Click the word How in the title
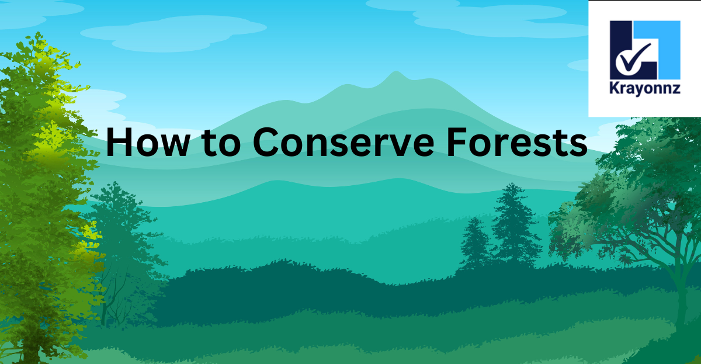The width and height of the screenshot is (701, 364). click(148, 142)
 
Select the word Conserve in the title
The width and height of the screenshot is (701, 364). click(343, 142)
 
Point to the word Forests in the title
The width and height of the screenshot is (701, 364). click(517, 142)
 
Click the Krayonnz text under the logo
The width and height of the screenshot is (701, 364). click(645, 88)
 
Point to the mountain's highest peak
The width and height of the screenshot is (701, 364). click(396, 72)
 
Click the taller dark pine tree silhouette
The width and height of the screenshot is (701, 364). click(513, 225)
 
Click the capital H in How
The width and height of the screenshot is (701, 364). click(119, 142)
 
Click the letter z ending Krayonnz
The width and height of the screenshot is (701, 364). click(676, 89)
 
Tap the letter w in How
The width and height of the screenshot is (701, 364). click(175, 146)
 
